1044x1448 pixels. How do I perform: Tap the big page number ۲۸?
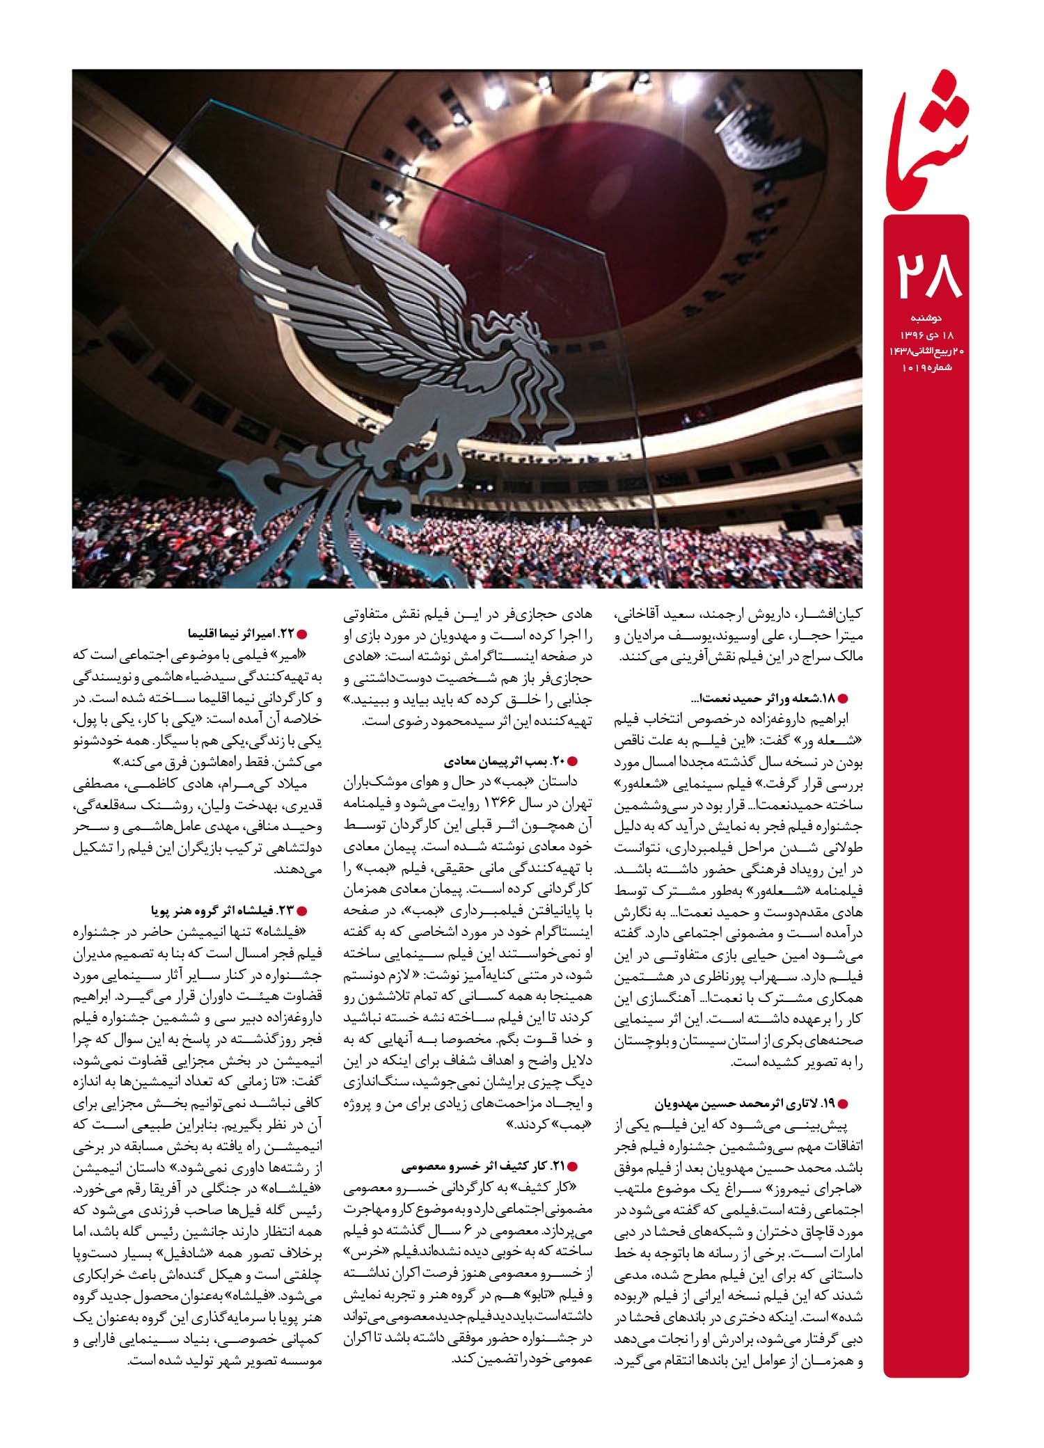(x=926, y=275)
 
